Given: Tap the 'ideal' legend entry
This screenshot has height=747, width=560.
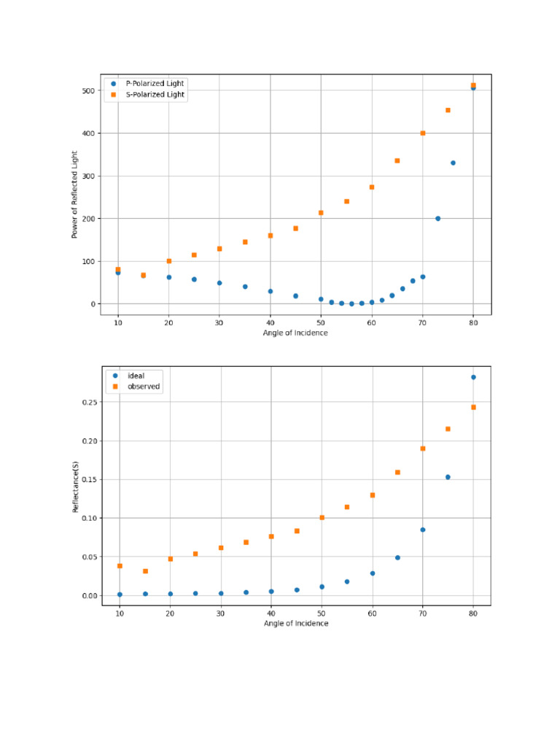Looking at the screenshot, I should [136, 376].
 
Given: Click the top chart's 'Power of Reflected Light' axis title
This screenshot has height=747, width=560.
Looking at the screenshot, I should [74, 195].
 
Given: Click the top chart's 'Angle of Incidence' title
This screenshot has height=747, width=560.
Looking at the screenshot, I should [295, 333].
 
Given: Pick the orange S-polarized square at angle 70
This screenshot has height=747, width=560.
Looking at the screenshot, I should [423, 133].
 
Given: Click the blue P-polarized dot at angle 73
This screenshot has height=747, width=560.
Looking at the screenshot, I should [438, 218].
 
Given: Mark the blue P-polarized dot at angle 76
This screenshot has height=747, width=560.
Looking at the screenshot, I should [453, 163].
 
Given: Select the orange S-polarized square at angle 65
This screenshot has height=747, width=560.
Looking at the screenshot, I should [397, 160].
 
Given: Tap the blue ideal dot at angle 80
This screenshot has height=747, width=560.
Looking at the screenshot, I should [473, 377].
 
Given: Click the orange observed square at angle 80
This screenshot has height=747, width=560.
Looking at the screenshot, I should [473, 407].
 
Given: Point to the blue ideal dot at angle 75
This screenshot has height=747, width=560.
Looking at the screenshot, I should [448, 477].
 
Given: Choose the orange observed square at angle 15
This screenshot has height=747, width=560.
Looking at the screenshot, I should [145, 571].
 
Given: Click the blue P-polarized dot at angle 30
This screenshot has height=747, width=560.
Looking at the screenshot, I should [219, 283].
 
